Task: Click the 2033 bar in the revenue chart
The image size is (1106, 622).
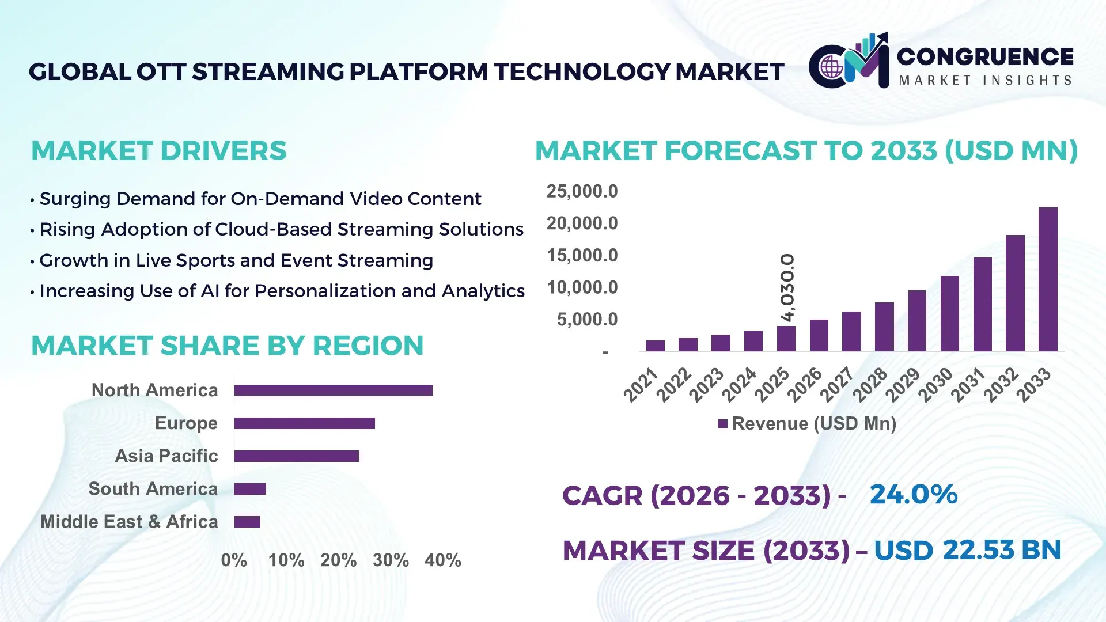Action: tap(1048, 279)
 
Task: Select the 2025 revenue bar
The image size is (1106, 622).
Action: tap(786, 339)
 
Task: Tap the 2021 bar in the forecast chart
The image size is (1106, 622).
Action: tap(655, 346)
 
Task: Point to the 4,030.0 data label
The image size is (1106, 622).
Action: tap(787, 287)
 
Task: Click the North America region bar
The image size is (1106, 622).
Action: tap(333, 390)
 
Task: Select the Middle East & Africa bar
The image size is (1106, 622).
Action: tap(247, 522)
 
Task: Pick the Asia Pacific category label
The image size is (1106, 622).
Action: tap(166, 456)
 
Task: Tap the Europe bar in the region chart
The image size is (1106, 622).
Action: tap(304, 423)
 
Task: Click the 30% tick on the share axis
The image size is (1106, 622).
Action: tap(391, 560)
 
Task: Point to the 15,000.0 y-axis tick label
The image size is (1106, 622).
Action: tap(582, 255)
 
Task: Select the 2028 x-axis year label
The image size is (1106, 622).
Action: tap(870, 385)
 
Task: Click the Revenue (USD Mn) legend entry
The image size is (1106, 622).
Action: tap(807, 424)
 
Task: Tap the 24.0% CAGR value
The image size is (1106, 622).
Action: tap(913, 494)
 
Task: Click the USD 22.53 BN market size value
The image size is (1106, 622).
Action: tap(967, 550)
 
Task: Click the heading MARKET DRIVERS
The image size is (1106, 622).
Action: tap(158, 151)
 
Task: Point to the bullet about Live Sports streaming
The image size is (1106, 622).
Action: tap(236, 260)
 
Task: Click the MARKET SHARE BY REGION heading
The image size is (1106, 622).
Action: tap(227, 346)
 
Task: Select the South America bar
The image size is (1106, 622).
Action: tap(249, 489)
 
